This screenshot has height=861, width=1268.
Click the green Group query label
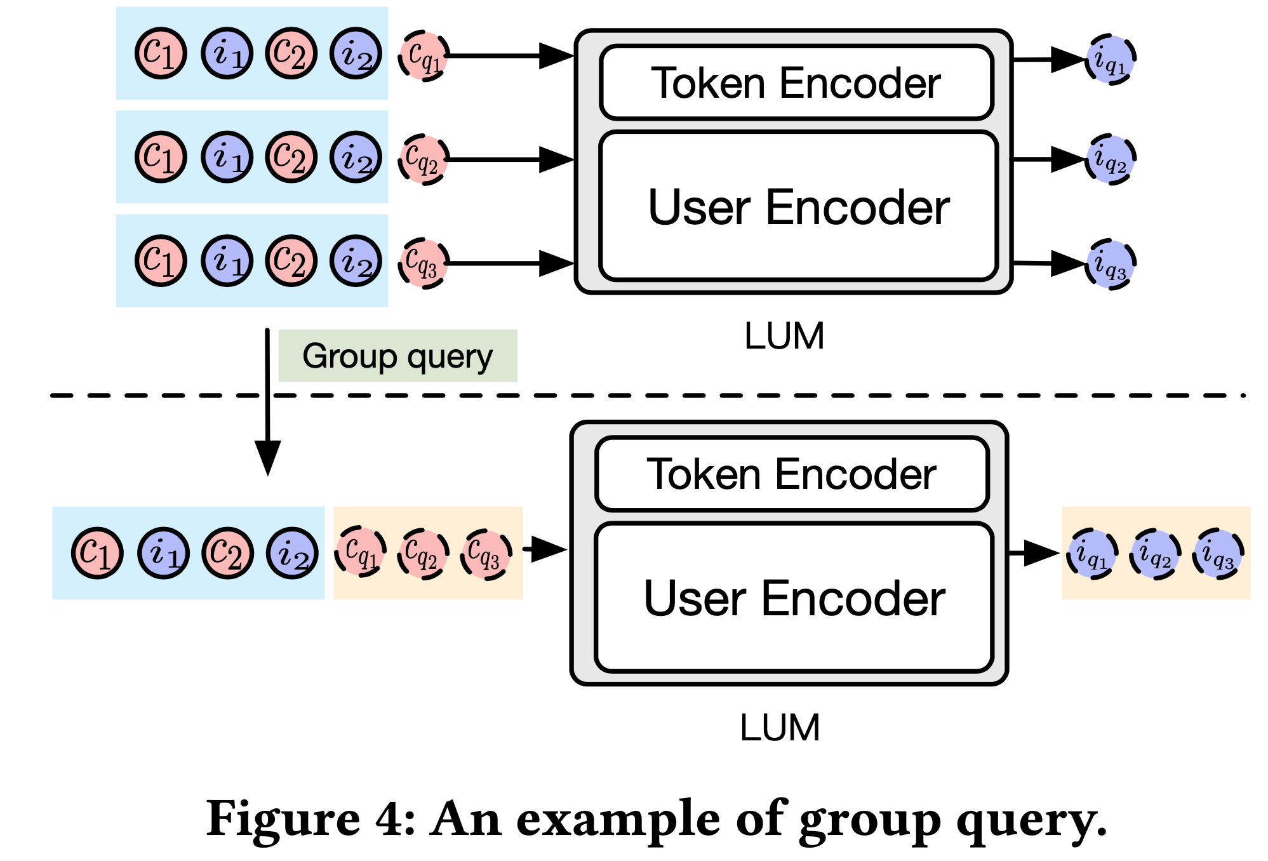pyautogui.click(x=397, y=356)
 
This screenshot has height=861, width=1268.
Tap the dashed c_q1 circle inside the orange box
pyautogui.click(x=360, y=551)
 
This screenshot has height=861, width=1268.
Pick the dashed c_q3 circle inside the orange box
pyautogui.click(x=486, y=554)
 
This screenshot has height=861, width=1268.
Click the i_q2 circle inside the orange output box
pyautogui.click(x=1155, y=554)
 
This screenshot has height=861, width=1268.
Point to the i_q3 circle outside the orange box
pyautogui.click(x=1111, y=264)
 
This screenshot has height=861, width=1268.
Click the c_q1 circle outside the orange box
pyautogui.click(x=424, y=56)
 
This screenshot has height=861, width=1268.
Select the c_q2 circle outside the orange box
pyautogui.click(x=424, y=159)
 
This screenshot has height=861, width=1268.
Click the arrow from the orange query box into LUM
pyautogui.click(x=545, y=549)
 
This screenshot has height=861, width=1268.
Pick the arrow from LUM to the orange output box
pyautogui.click(x=1034, y=553)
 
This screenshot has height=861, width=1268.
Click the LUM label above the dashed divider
pyautogui.click(x=784, y=336)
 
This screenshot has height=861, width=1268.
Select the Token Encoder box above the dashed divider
pyautogui.click(x=796, y=83)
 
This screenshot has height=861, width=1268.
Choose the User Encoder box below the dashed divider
pyautogui.click(x=794, y=597)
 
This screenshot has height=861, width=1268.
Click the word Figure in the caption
pyautogui.click(x=283, y=819)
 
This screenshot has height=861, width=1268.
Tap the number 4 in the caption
pyautogui.click(x=391, y=819)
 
